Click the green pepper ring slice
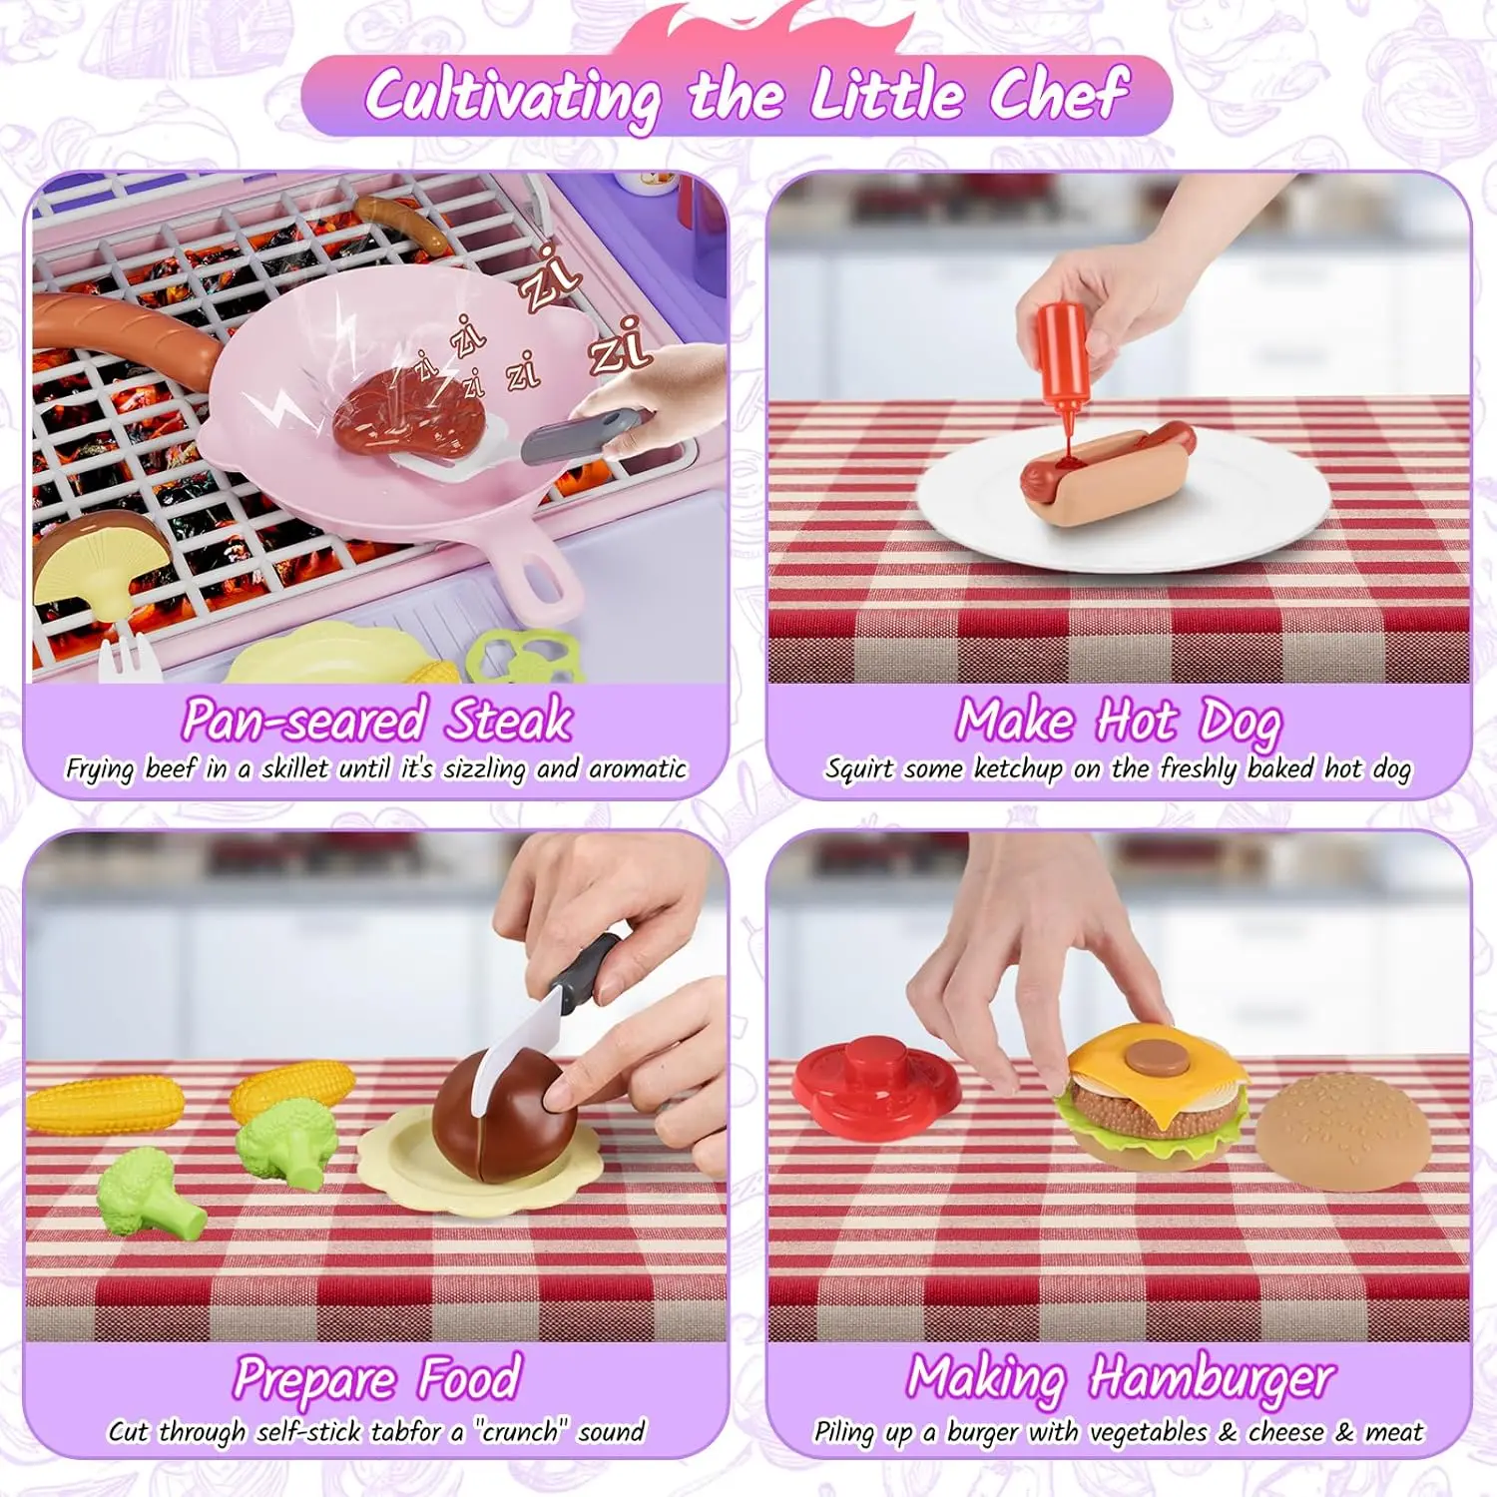point(524,655)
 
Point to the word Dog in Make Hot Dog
point(1240,721)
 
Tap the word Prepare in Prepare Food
point(314,1379)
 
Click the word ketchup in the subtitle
point(1017,768)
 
